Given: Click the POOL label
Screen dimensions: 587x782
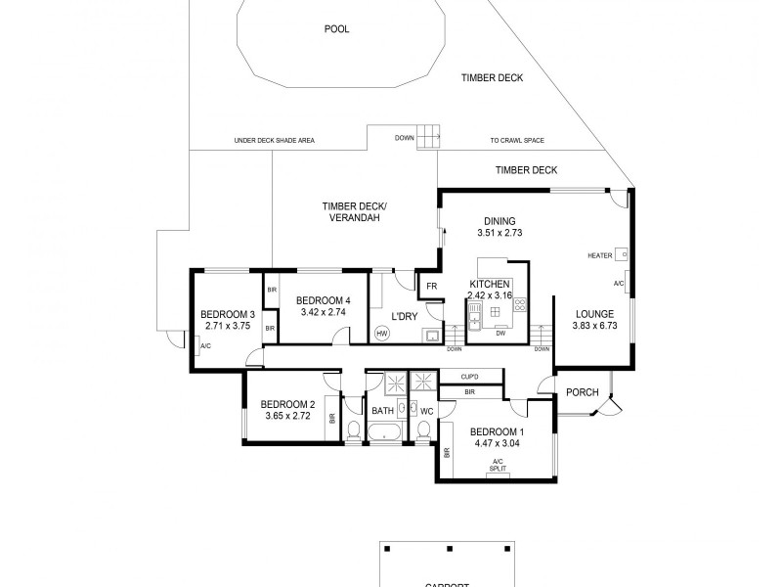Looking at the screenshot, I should click(336, 28).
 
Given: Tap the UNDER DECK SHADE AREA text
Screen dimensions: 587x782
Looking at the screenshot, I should click(274, 141).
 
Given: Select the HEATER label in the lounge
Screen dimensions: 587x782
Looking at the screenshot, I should click(599, 255).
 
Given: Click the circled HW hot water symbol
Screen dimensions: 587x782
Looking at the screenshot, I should click(381, 333).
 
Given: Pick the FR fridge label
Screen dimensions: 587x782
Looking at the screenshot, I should click(431, 286).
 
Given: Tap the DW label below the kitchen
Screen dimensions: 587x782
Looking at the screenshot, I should click(500, 334).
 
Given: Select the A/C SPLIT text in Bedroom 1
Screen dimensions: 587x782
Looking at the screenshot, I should click(498, 464).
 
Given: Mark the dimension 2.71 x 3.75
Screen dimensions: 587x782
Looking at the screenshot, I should click(227, 326).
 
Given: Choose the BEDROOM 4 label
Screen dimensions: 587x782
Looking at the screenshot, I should click(324, 300).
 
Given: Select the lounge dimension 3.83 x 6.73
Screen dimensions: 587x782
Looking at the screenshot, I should click(593, 326).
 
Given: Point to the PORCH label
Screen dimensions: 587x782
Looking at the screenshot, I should click(582, 393).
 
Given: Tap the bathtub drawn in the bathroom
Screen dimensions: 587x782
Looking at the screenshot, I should click(389, 431).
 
